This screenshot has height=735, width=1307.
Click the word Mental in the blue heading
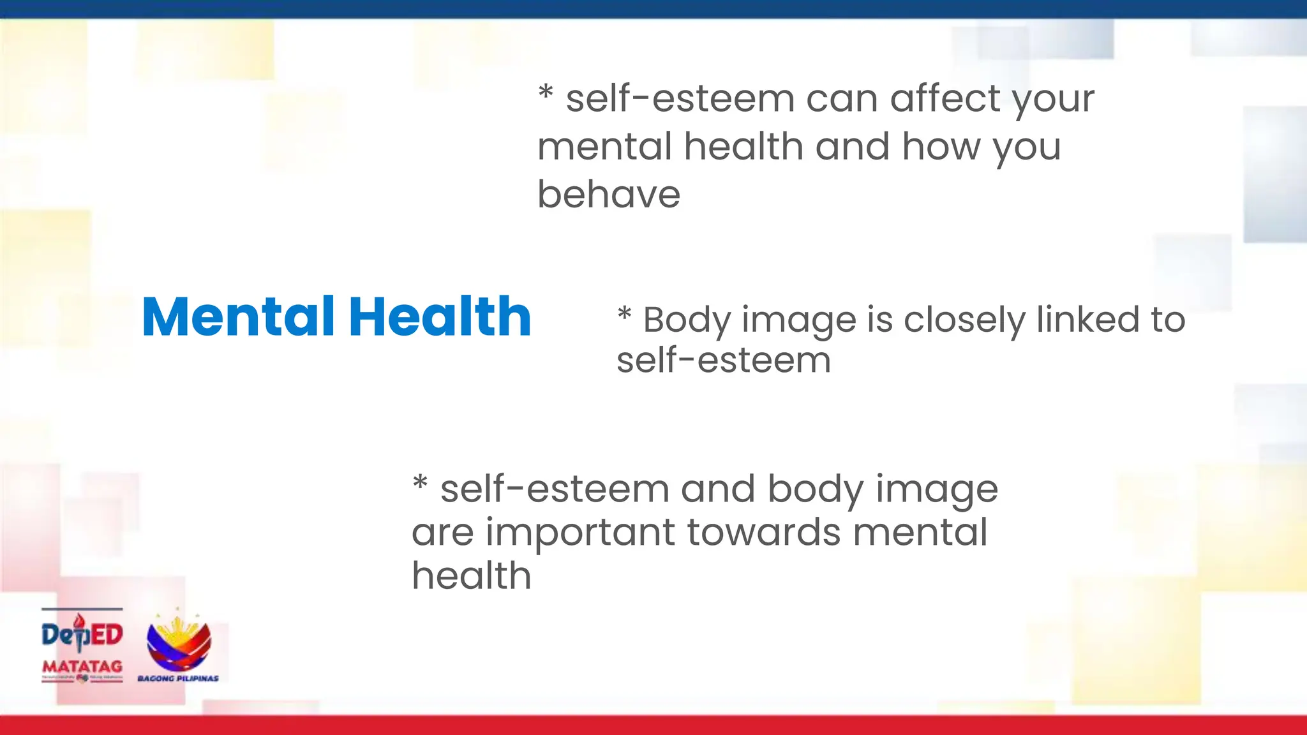click(238, 316)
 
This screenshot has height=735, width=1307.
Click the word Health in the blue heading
click(440, 316)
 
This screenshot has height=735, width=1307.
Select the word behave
click(609, 195)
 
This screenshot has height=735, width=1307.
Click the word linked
click(1088, 320)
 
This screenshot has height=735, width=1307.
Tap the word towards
click(764, 532)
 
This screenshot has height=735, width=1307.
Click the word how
click(941, 147)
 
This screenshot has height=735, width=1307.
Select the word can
click(842, 100)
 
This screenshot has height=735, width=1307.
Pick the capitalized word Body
click(687, 321)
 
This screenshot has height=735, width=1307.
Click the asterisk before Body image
click(624, 313)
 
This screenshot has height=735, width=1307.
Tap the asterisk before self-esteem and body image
click(420, 482)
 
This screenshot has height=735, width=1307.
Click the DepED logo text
click(82, 634)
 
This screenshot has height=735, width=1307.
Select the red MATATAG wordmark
click(82, 667)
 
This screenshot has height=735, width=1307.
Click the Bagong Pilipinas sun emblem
click(179, 641)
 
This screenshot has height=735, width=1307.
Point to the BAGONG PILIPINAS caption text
click(178, 678)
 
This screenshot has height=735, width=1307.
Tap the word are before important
click(442, 533)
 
